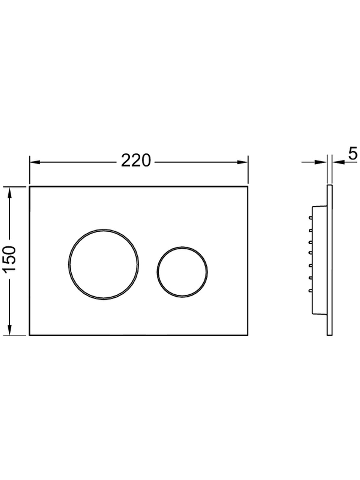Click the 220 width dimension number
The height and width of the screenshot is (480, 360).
(x=136, y=161)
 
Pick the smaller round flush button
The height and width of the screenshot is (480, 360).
(x=182, y=272)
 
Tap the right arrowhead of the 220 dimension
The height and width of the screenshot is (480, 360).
(x=243, y=162)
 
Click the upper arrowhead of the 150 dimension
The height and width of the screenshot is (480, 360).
(x=10, y=192)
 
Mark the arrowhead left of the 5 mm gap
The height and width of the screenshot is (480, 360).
(x=322, y=162)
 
